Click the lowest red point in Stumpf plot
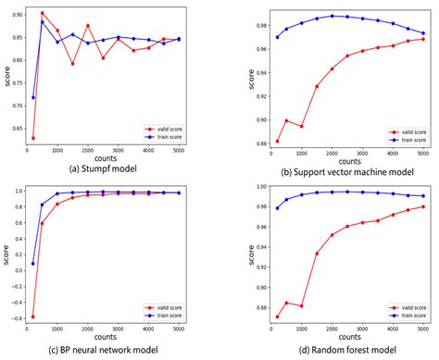pyautogui.click(x=33, y=138)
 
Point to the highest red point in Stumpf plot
pyautogui.click(x=43, y=13)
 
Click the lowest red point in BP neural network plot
pyautogui.click(x=33, y=317)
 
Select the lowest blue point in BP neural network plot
pyautogui.click(x=33, y=264)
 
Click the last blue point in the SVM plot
pyautogui.click(x=424, y=33)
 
